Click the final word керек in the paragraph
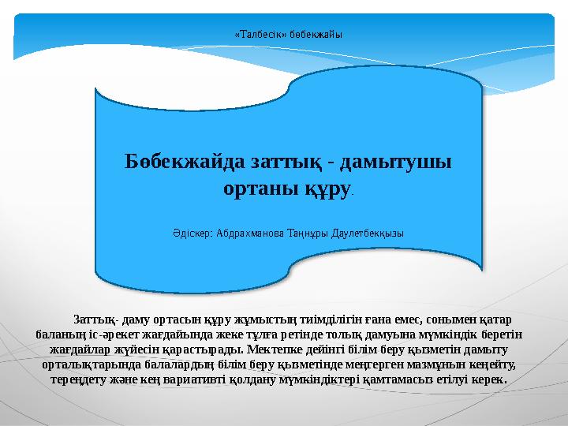[x=489, y=379]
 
